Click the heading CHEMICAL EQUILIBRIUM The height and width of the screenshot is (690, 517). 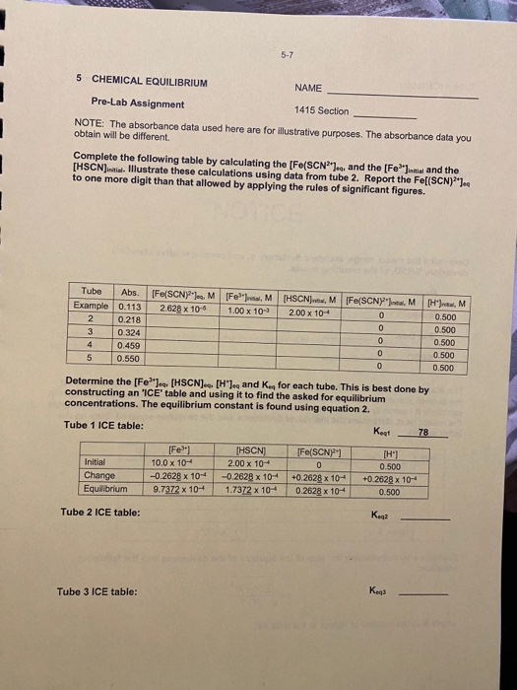tap(150, 81)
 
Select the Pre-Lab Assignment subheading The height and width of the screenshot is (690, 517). tap(138, 103)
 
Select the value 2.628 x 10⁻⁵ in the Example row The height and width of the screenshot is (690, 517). tap(182, 307)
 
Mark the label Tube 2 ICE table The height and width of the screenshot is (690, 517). tap(99, 513)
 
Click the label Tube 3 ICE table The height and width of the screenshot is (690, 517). tap(97, 591)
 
